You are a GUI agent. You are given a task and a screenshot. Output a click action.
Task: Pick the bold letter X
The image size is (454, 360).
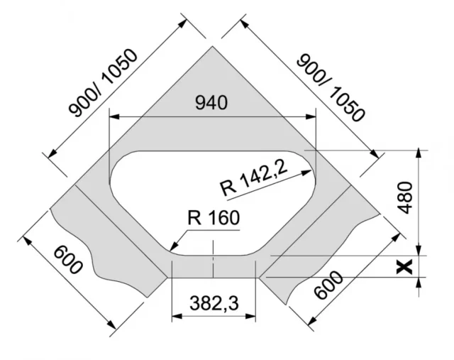click(405, 267)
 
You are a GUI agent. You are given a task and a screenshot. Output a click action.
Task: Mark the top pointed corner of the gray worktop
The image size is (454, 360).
click(213, 47)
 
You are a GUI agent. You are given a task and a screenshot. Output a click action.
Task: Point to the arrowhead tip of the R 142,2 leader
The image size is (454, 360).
click(310, 170)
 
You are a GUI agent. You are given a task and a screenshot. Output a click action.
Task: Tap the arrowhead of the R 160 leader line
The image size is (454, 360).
click(172, 248)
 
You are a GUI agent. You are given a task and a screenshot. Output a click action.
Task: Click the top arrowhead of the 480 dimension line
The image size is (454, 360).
click(421, 152)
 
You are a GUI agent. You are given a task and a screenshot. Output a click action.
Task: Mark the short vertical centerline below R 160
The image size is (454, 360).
click(213, 256)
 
